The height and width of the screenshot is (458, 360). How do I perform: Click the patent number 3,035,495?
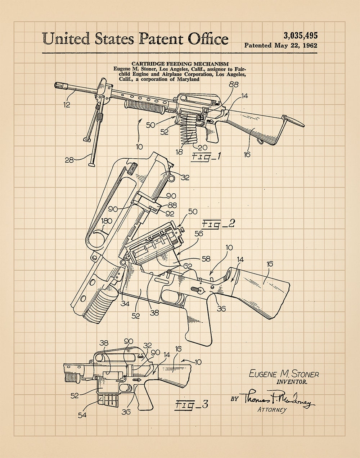pyautogui.click(x=300, y=36)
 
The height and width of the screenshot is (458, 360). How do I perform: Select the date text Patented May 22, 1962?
pyautogui.click(x=281, y=46)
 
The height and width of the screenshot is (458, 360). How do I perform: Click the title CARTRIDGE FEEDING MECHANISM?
pyautogui.click(x=180, y=64)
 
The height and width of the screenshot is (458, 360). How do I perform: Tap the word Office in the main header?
pyautogui.click(x=208, y=39)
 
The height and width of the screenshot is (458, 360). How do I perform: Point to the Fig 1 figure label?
pyautogui.click(x=206, y=157)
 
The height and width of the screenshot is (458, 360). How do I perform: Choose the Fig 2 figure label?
pyautogui.click(x=218, y=224)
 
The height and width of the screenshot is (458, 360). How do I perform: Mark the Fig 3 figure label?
pyautogui.click(x=192, y=404)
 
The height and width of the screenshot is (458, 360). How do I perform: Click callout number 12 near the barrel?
pyautogui.click(x=67, y=105)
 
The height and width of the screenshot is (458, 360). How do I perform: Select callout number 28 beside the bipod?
pyautogui.click(x=69, y=160)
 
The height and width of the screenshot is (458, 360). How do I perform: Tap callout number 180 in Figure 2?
pyautogui.click(x=107, y=221)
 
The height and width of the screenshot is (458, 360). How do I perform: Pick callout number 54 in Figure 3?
pyautogui.click(x=82, y=415)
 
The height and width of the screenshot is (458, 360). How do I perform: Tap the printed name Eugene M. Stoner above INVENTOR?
pyautogui.click(x=284, y=374)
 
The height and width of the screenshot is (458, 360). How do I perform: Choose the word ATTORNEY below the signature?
pyautogui.click(x=272, y=409)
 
